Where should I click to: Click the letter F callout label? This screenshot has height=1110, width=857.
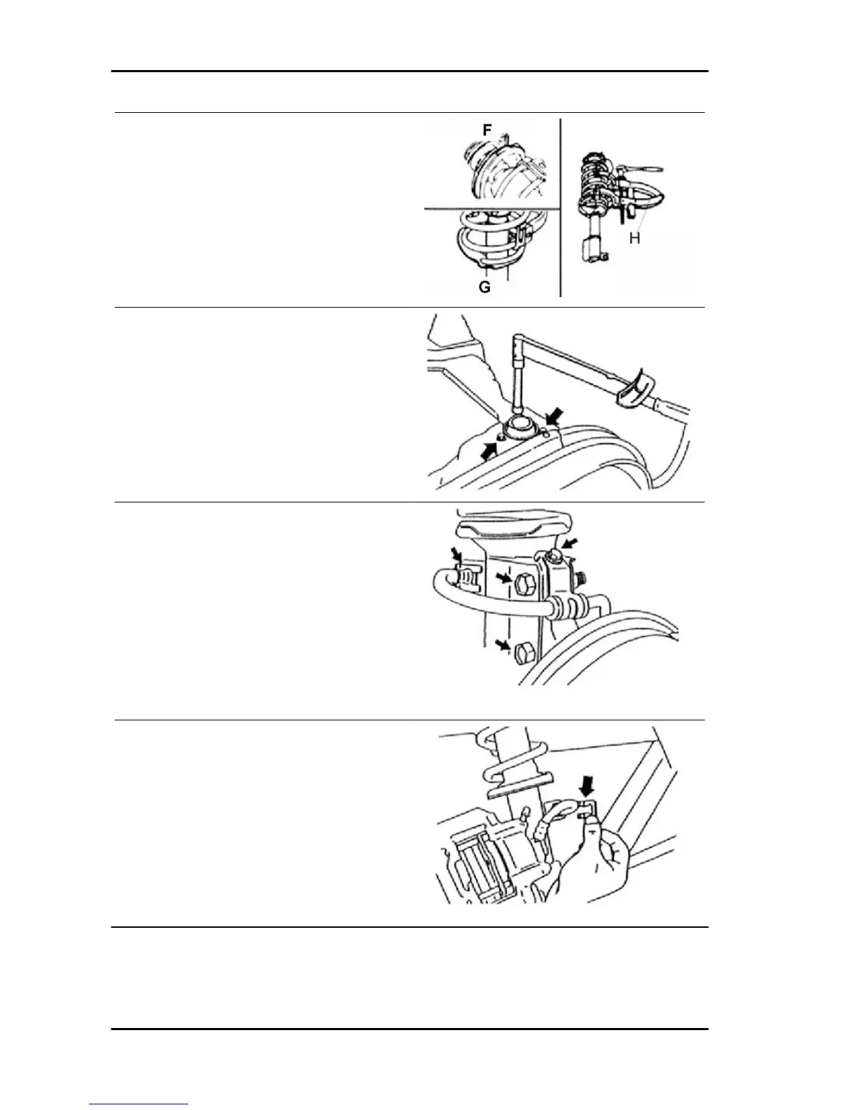pos(487,130)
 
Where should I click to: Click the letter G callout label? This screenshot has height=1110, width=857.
pos(484,287)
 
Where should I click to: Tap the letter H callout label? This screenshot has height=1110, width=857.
pos(634,239)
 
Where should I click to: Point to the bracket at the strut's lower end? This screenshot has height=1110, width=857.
pos(593,249)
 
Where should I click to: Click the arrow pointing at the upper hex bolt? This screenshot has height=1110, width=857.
pos(501,578)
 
